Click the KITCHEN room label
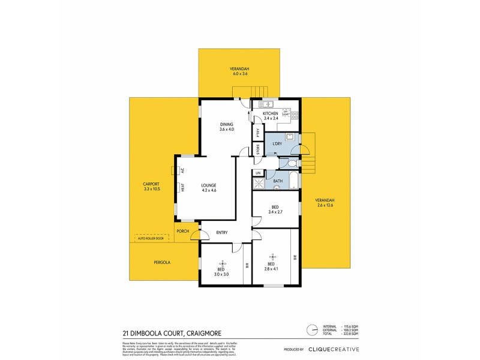pyautogui.click(x=269, y=113)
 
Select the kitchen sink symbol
pyautogui.click(x=266, y=104)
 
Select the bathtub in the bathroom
pyautogui.click(x=292, y=180)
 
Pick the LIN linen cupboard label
pyautogui.click(x=258, y=173)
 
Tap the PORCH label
pyautogui.click(x=182, y=232)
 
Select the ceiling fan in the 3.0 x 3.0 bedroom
pyautogui.click(x=222, y=264)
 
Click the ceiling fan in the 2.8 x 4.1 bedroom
pyautogui.click(x=271, y=254)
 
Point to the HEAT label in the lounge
pyautogui.click(x=182, y=187)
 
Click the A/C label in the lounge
pyautogui.click(x=182, y=170)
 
